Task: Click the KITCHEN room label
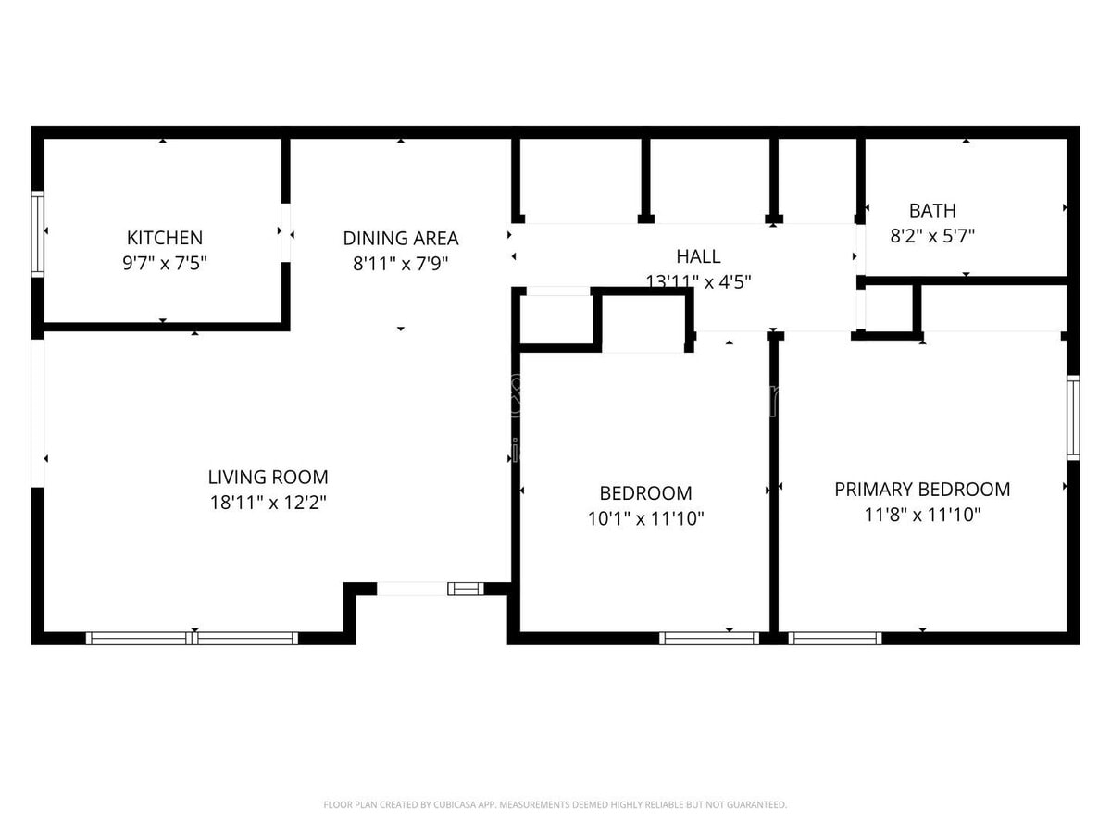click(x=165, y=238)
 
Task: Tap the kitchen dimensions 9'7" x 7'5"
click(x=165, y=263)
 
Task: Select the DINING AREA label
click(x=400, y=238)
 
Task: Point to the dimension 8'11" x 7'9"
click(x=400, y=263)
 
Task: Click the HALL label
click(x=697, y=256)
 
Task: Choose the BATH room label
click(x=932, y=210)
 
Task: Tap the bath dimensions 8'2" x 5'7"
click(x=932, y=235)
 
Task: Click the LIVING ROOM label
click(x=268, y=478)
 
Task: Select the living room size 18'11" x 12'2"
click(x=268, y=503)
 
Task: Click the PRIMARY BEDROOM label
click(x=922, y=489)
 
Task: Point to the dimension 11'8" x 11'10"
click(x=922, y=514)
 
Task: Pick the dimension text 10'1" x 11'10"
click(x=645, y=518)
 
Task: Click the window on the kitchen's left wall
click(x=38, y=233)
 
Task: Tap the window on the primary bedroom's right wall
click(x=1073, y=417)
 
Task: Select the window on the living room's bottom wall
click(x=193, y=638)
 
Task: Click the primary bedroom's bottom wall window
click(x=834, y=638)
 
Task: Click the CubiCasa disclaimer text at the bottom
click(x=555, y=804)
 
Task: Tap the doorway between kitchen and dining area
click(x=286, y=232)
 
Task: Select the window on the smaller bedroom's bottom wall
click(x=709, y=638)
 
